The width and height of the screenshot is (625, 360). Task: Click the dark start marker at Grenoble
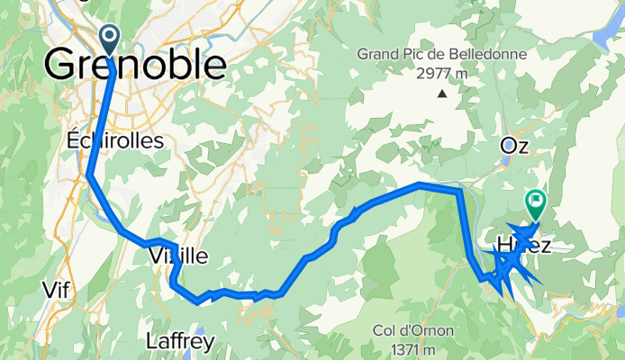[x=110, y=38]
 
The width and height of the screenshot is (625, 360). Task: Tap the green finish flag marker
[x=536, y=202]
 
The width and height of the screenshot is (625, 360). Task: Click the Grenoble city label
[x=135, y=65]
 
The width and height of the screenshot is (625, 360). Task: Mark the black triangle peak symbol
[x=442, y=92]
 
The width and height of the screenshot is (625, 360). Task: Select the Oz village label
[x=514, y=145]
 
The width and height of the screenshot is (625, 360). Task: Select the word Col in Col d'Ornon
[x=385, y=331]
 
